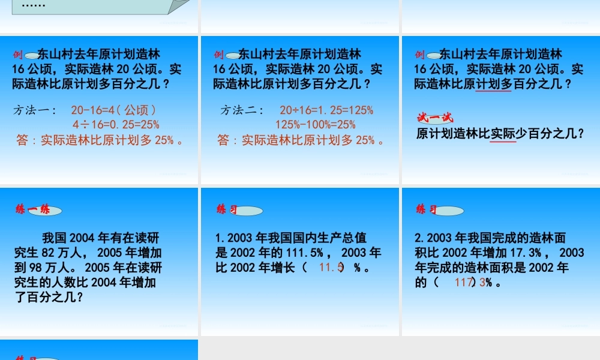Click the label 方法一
[x=35, y=110]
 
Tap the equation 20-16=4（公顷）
[x=114, y=110]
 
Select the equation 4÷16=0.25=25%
[x=116, y=125]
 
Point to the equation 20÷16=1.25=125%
[x=326, y=110]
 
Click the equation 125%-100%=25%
[x=316, y=125]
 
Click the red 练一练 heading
[x=34, y=210]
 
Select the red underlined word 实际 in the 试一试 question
[x=503, y=134]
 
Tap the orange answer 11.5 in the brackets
[x=331, y=268]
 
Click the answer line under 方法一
[x=100, y=140]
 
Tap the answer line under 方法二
[x=301, y=140]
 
